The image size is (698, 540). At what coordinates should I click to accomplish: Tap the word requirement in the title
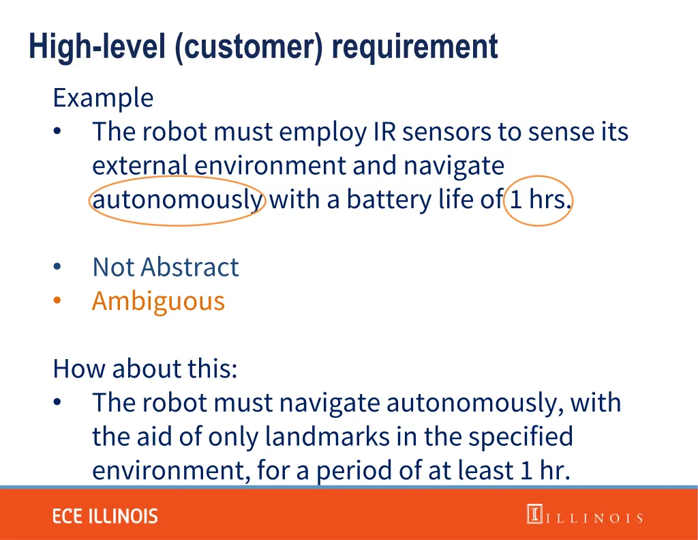415,47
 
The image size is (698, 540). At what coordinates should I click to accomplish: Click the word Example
103,98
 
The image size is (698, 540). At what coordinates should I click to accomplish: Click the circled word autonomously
177,200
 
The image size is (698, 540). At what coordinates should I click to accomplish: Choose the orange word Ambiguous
158,301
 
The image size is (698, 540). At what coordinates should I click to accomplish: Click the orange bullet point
58,301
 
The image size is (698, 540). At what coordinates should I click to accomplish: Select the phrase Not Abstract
166,267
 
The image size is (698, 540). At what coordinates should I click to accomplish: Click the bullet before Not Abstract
58,267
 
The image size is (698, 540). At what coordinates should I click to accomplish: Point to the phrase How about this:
145,369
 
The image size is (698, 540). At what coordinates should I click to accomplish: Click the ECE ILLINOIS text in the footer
105,516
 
